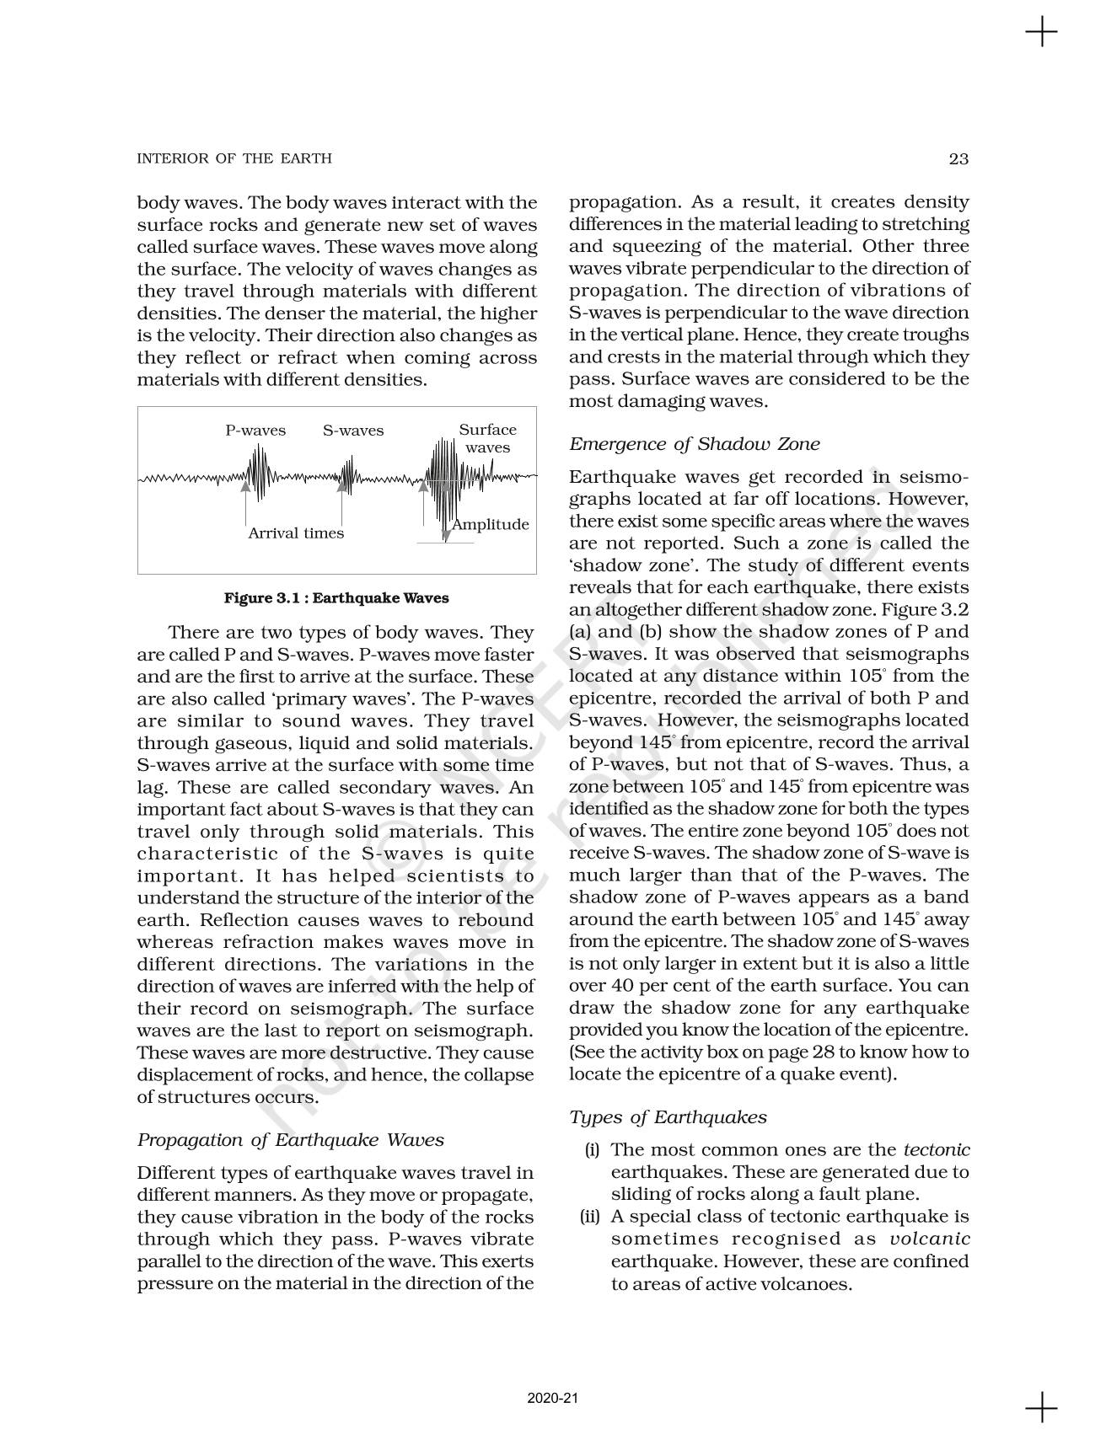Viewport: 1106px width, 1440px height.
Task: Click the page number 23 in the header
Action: coord(958,158)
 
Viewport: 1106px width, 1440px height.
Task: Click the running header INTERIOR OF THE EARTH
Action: coord(234,158)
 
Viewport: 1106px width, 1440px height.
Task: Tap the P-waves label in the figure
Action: coord(255,431)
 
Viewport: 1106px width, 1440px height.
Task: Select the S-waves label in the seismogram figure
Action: coord(352,431)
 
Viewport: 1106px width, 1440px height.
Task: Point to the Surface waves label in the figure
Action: coord(487,438)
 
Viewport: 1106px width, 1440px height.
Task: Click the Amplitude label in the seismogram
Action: coord(490,525)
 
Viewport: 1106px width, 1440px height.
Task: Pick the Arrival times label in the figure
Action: coord(296,533)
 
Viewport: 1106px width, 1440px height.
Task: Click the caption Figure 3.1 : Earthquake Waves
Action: coord(336,598)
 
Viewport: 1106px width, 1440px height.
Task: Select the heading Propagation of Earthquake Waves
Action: coord(290,1140)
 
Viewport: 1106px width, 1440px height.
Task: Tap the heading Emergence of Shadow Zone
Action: coord(694,444)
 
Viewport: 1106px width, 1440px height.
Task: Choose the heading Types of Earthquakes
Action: coord(668,1117)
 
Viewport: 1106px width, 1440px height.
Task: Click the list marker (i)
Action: coord(592,1150)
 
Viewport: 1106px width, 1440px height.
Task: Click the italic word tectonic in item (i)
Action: coord(937,1150)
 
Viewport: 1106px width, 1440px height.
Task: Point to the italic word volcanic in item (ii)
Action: coord(930,1239)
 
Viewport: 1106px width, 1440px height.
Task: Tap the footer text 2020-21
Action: coord(553,1399)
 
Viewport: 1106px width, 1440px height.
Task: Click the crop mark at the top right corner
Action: coord(1041,33)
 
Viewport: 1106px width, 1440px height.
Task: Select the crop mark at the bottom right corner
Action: coord(1041,1406)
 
